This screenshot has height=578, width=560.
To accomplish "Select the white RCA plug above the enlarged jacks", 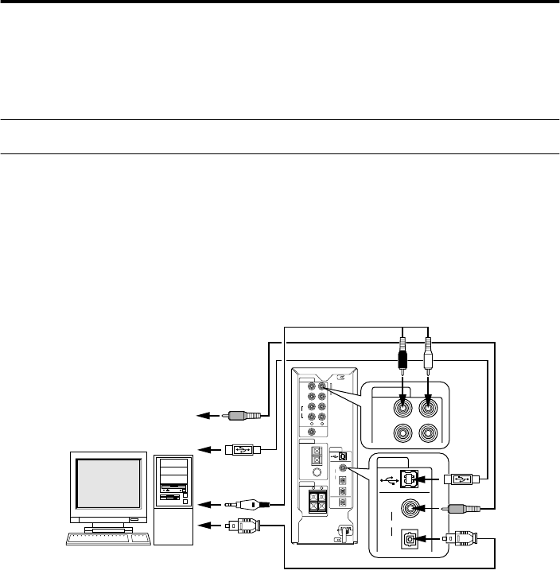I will (x=429, y=357).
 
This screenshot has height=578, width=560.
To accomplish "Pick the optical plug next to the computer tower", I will (x=241, y=526).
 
